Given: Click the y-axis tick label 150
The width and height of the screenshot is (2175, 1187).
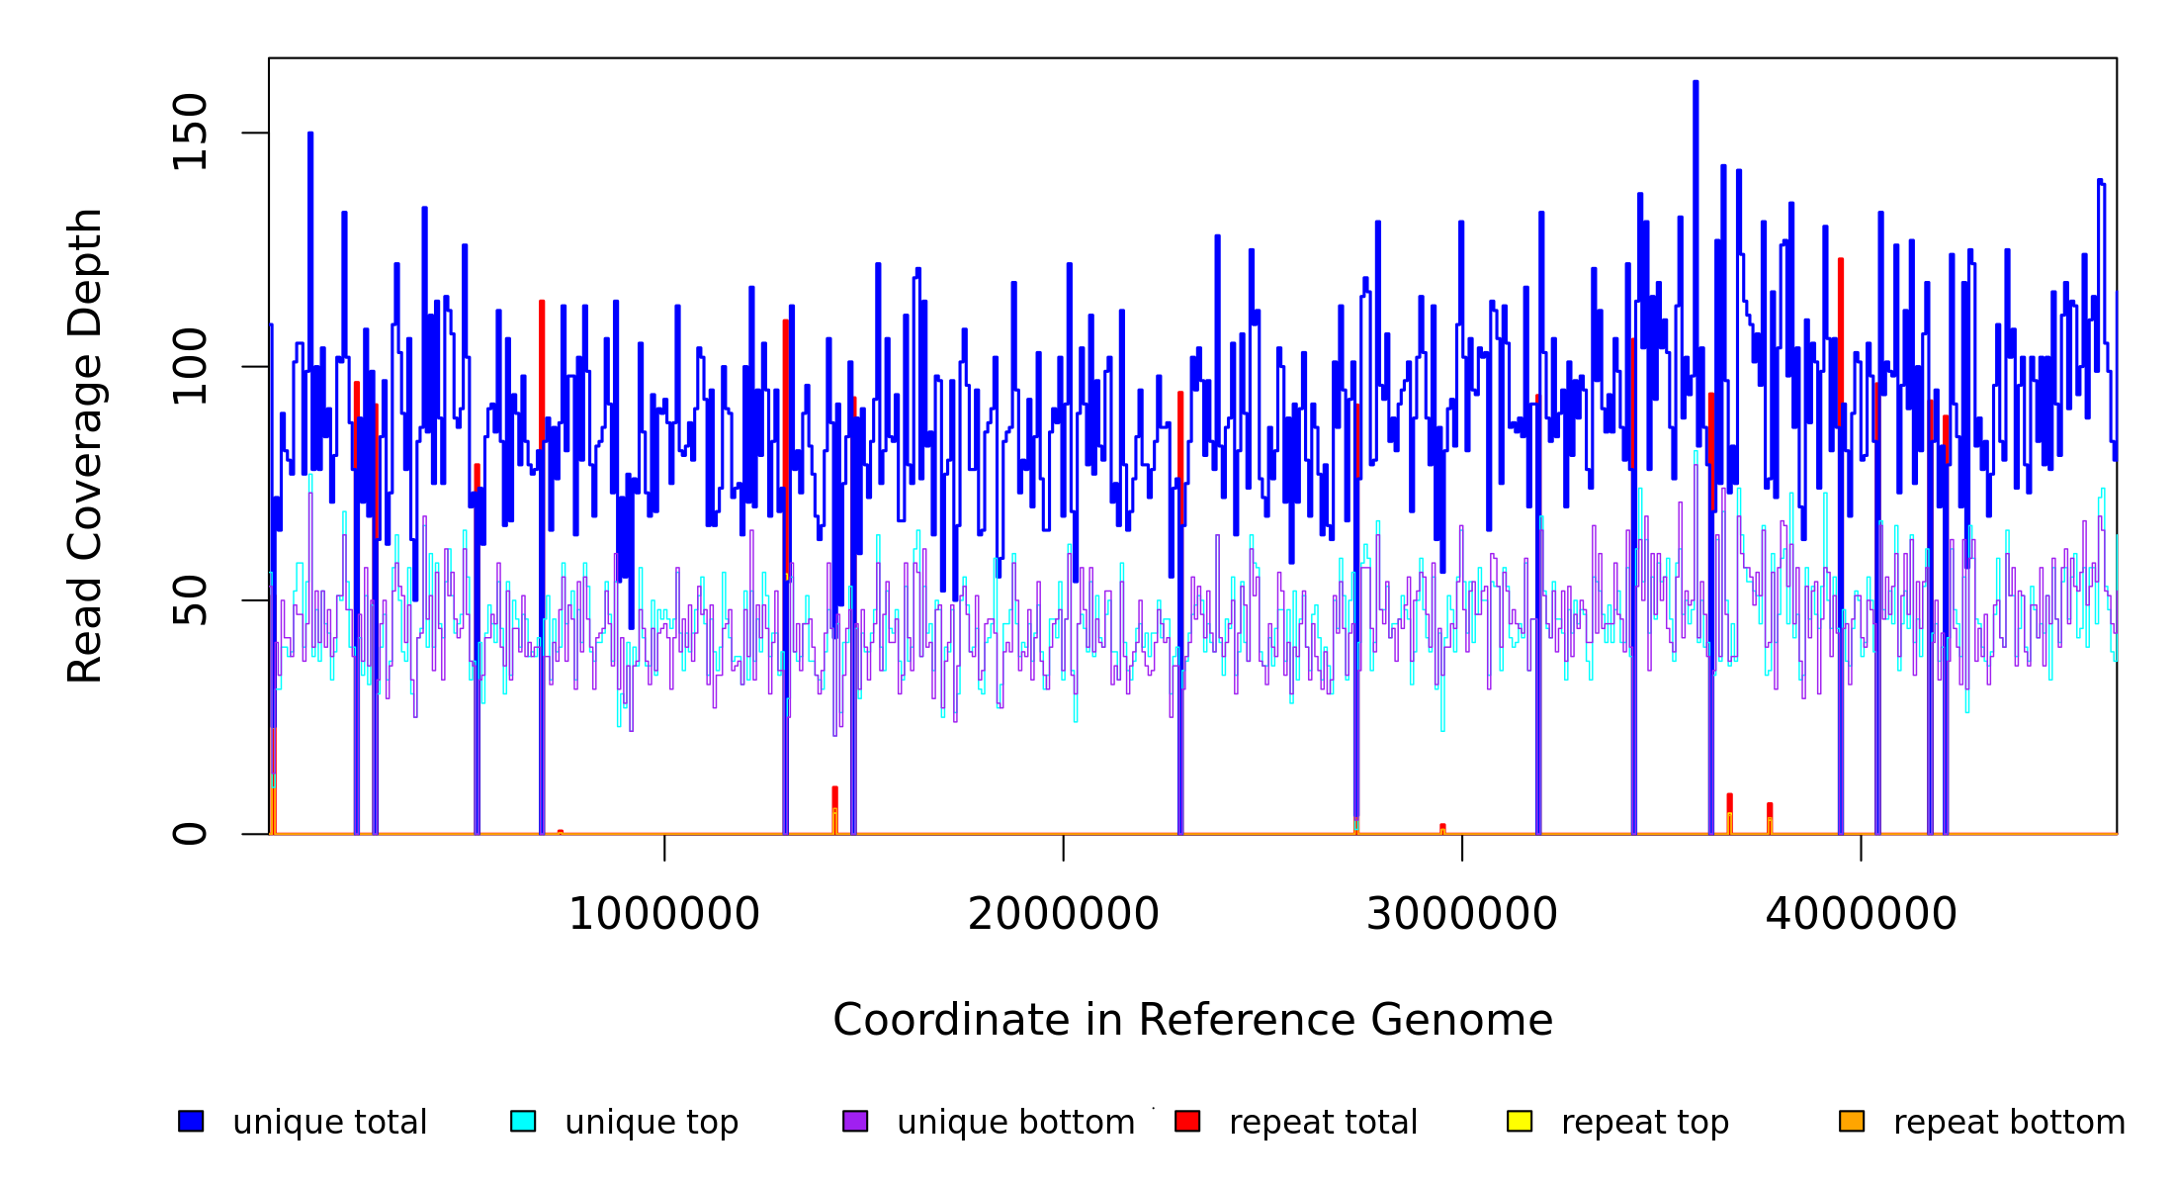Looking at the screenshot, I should [190, 133].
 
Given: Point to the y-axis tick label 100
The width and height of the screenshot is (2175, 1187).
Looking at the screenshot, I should [190, 367].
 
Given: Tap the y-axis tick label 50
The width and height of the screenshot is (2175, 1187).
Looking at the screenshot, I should [190, 600].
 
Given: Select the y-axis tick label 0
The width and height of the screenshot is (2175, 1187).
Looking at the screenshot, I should [190, 834].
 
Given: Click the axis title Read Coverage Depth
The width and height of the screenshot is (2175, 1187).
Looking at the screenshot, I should [85, 445].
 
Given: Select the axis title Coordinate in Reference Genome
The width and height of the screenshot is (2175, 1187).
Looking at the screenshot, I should [1192, 1021].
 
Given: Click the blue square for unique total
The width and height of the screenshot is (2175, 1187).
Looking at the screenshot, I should [191, 1121].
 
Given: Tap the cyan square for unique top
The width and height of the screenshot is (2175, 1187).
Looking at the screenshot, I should [523, 1121].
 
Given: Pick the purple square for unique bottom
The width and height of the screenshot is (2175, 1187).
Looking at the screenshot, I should [855, 1121].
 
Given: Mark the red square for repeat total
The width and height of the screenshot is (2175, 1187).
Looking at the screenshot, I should [1187, 1121].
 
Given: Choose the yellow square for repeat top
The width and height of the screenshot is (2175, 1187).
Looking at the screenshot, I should [1520, 1121].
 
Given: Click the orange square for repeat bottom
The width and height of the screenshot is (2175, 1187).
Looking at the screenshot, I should [1852, 1121].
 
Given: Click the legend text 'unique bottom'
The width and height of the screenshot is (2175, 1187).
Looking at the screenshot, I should [1015, 1123].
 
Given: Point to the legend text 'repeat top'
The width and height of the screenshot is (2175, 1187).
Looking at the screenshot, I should [1645, 1123].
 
